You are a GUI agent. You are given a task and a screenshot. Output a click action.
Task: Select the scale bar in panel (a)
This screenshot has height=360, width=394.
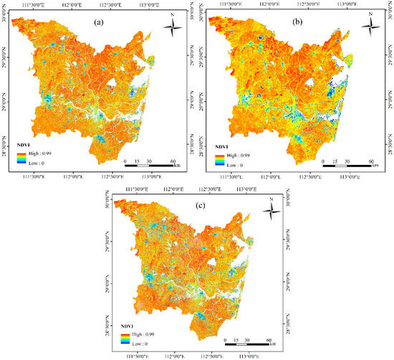tap(150, 166)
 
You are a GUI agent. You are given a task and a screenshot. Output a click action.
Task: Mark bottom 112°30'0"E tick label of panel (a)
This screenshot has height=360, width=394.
tap(112, 176)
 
